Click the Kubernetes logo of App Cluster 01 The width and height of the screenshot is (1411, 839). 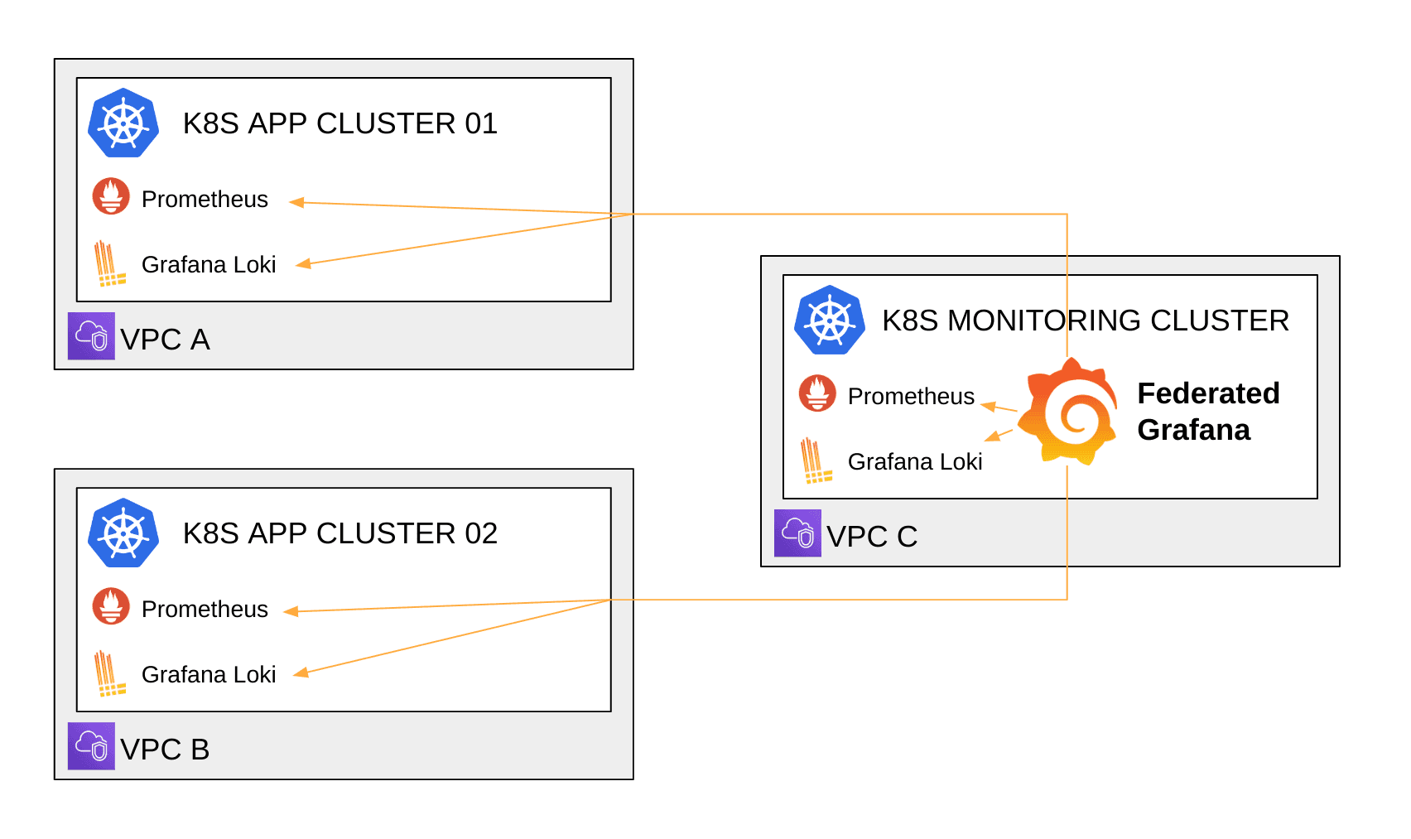tap(123, 123)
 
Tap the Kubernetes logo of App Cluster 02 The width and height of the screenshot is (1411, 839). tap(123, 533)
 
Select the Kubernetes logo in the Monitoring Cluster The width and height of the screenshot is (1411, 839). tap(830, 320)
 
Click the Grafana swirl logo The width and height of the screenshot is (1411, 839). tap(1067, 412)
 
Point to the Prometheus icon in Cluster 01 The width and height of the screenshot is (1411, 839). tap(111, 196)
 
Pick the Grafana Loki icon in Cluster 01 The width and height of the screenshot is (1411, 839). tap(108, 263)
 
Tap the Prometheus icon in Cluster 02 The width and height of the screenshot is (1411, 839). tap(111, 606)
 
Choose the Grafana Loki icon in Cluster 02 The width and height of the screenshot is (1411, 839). tap(108, 673)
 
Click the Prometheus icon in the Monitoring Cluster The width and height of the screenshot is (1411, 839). tap(817, 393)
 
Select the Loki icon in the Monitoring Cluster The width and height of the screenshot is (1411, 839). tap(815, 460)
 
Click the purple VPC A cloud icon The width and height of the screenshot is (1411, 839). tap(91, 336)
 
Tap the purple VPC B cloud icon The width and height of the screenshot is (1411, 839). tap(91, 746)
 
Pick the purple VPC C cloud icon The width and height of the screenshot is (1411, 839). tap(797, 533)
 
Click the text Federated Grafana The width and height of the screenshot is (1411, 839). tap(1207, 412)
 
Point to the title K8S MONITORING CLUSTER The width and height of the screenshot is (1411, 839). tap(1085, 321)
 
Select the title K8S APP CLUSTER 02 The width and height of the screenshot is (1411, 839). tap(340, 533)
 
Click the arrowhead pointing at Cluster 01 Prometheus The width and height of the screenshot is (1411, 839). tap(296, 202)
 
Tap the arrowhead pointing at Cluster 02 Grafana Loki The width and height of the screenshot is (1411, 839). tap(301, 673)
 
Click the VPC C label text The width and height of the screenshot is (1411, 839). tap(872, 537)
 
